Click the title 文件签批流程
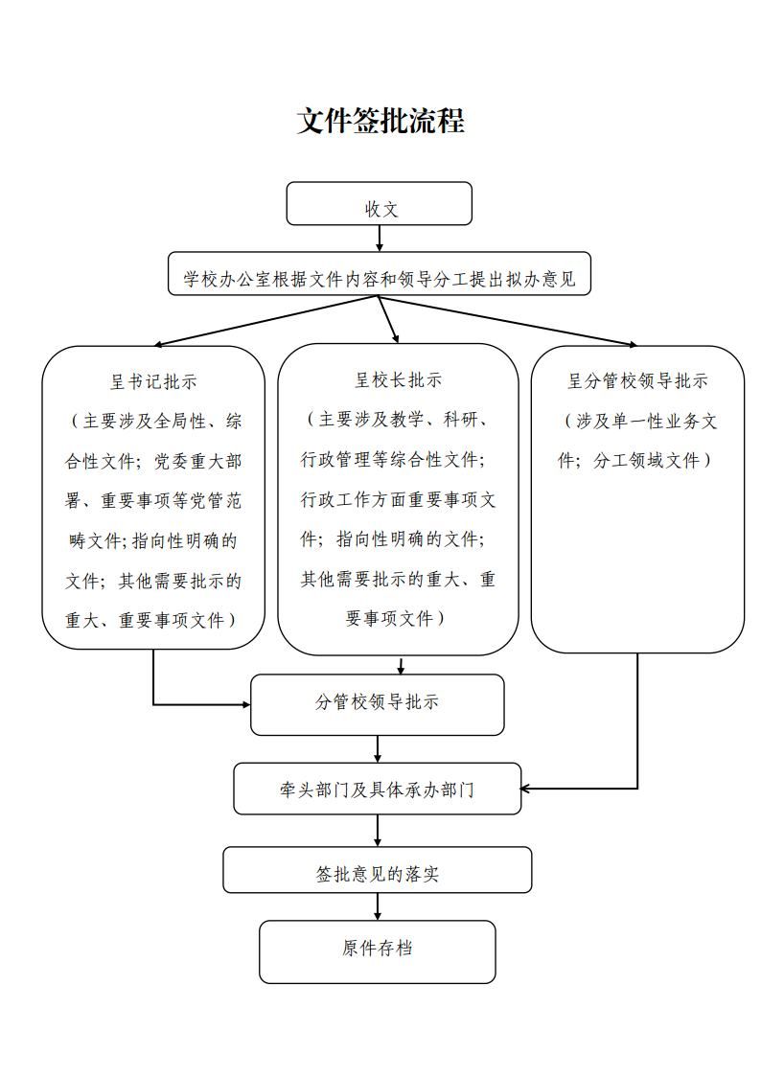(380, 122)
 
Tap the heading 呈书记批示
(153, 381)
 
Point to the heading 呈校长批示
(399, 380)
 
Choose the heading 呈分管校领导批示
(637, 381)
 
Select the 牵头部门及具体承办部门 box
(378, 789)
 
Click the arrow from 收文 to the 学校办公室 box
(380, 239)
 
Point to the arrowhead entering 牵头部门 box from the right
(528, 789)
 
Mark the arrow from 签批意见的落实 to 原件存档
(378, 906)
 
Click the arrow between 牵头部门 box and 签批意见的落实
(378, 830)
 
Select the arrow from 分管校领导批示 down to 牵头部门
(378, 748)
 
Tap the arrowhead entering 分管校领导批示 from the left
(243, 704)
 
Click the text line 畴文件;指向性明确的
(153, 540)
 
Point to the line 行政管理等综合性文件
(393, 460)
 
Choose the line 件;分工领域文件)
(635, 460)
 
